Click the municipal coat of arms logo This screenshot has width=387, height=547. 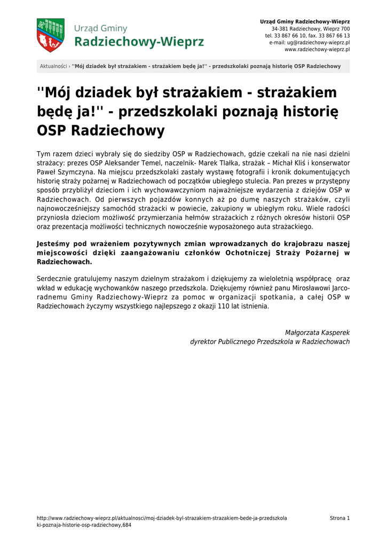pyautogui.click(x=50, y=35)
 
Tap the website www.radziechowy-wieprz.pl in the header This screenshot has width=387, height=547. pyautogui.click(x=317, y=49)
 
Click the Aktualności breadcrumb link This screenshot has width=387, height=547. pyautogui.click(x=53, y=66)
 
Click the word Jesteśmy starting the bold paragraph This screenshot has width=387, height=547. pyautogui.click(x=54, y=244)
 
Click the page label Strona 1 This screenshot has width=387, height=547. pyautogui.click(x=339, y=518)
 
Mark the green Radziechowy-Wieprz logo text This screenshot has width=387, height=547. pyautogui.click(x=139, y=42)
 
